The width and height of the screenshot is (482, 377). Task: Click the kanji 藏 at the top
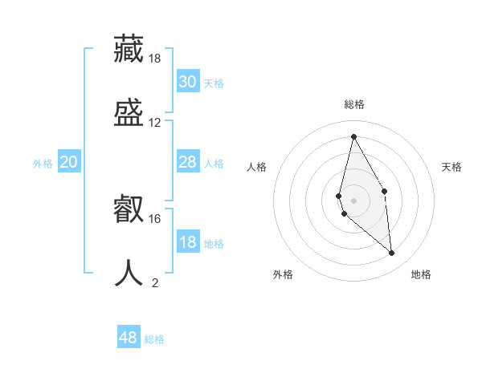129,49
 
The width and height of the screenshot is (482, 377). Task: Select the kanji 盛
129,112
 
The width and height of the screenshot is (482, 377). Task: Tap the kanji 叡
129,209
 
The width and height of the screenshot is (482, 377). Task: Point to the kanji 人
129,273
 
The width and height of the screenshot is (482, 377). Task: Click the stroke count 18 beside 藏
155,59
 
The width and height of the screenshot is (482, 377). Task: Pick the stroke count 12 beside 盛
155,123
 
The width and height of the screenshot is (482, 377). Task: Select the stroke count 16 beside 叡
155,218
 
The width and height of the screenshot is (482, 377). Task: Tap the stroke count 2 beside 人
155,282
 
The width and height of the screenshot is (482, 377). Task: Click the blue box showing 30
188,82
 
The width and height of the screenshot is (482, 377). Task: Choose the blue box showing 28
188,162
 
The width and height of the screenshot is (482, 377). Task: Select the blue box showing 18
188,242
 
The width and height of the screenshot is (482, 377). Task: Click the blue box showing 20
69,162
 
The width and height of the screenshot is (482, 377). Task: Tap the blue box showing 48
129,338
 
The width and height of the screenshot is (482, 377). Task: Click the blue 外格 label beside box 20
43,164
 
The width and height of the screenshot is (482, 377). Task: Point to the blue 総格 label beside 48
155,339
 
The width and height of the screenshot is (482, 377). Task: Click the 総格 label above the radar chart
354,104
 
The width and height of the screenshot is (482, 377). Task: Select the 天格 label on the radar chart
452,167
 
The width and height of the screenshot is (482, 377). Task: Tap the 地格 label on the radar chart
421,274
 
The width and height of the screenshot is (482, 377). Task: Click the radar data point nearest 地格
392,253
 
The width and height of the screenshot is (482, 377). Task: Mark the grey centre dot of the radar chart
354,200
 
